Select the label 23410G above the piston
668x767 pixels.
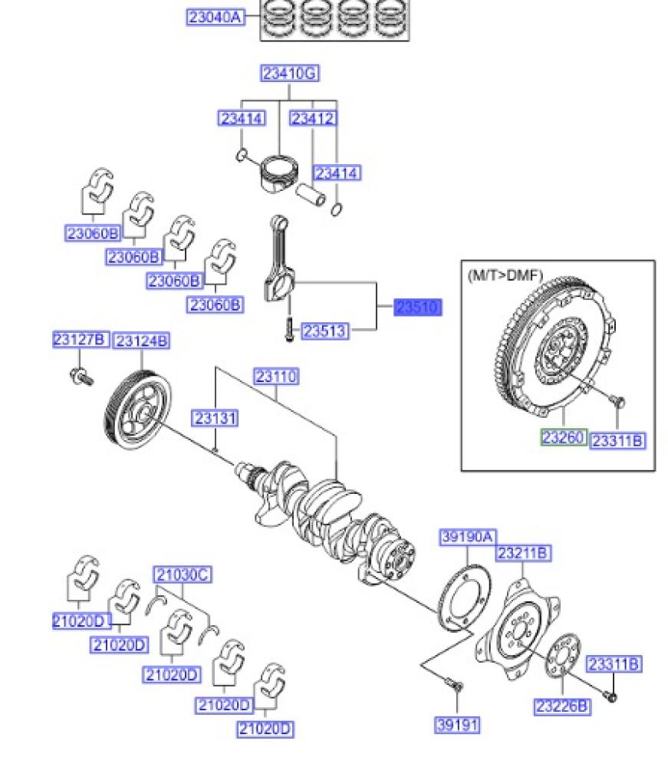[289, 74]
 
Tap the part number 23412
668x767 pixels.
[313, 119]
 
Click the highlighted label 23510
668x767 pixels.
[418, 308]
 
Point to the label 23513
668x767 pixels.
[324, 331]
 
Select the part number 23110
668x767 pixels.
[276, 377]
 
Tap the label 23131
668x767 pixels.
[215, 418]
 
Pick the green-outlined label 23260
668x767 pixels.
[564, 438]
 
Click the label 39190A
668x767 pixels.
[468, 537]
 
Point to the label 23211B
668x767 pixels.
[523, 552]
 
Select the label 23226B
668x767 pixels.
[562, 706]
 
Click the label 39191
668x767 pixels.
[457, 723]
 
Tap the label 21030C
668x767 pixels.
[183, 574]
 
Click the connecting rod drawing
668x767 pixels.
[280, 261]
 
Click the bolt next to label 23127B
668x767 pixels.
[80, 376]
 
